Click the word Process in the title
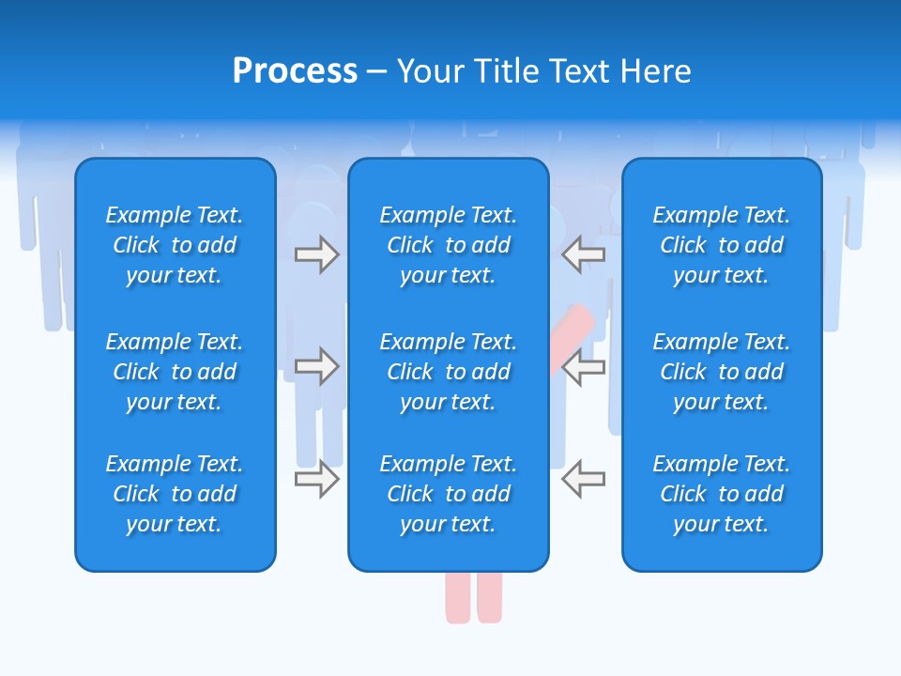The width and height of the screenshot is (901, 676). tap(295, 71)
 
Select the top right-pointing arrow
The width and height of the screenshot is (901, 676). tap(317, 254)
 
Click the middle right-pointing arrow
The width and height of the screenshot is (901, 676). tap(317, 366)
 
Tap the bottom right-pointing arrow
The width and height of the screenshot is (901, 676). tap(317, 479)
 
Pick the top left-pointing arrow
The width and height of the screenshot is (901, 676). tap(583, 254)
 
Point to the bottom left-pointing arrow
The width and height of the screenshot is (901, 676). tap(583, 479)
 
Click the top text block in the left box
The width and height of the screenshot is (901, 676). tap(175, 245)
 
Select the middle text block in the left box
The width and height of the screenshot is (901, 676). tap(175, 372)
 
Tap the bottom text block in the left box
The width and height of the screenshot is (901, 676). tap(175, 494)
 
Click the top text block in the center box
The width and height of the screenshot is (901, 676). tap(448, 245)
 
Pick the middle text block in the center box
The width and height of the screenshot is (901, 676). tap(448, 372)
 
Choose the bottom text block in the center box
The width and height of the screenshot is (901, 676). tap(448, 494)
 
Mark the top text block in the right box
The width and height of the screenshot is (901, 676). tap(721, 245)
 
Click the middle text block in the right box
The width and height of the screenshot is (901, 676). tap(721, 372)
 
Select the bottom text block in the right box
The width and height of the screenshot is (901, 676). tap(721, 494)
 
